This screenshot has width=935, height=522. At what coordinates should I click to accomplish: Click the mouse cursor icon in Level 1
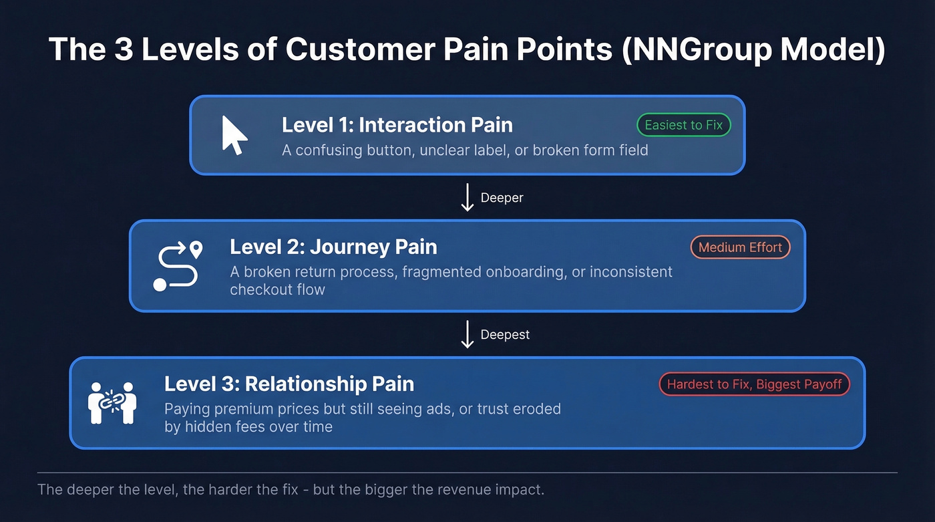[234, 135]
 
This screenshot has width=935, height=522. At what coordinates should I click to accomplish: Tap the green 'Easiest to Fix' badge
[683, 125]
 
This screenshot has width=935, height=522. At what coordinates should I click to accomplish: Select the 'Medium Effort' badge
[740, 247]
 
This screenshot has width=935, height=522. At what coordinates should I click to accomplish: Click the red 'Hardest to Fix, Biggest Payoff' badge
[754, 384]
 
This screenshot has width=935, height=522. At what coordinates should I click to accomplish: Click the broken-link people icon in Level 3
[112, 403]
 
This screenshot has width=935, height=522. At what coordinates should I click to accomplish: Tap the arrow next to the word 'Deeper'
[467, 199]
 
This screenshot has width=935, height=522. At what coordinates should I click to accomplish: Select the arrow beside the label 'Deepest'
[467, 334]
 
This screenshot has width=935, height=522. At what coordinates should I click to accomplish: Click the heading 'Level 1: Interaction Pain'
[397, 125]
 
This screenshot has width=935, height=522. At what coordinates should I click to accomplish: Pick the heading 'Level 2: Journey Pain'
[333, 247]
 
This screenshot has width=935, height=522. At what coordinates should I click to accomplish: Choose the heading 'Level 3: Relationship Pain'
[289, 384]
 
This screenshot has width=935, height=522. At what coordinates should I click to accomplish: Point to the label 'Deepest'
[505, 334]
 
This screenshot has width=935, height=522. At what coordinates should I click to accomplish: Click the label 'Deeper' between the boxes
[502, 198]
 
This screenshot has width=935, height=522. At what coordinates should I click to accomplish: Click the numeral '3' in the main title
[124, 50]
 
